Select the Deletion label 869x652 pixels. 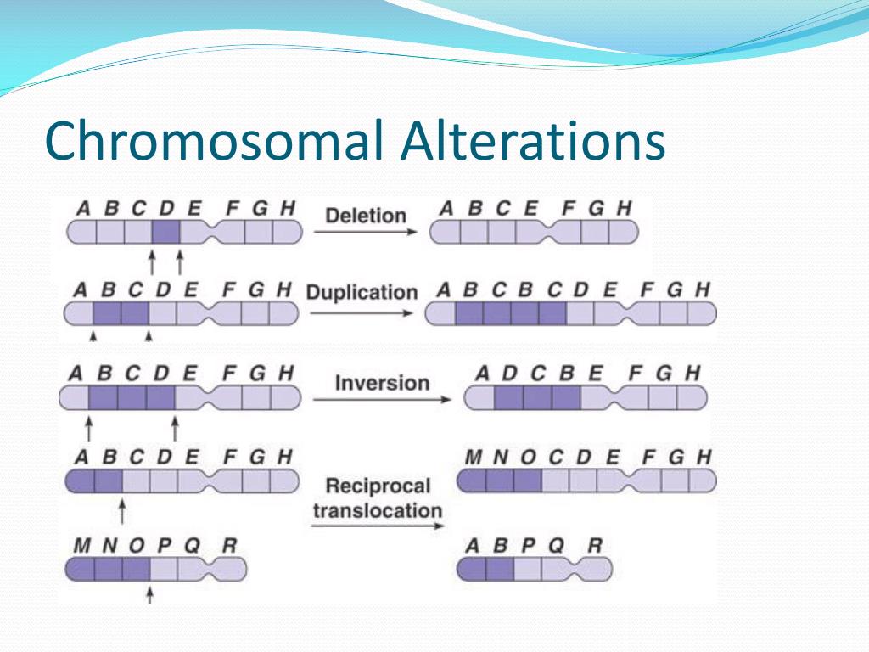tap(366, 215)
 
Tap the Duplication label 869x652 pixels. tap(362, 292)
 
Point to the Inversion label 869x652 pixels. tap(382, 382)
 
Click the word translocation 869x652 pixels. tap(378, 510)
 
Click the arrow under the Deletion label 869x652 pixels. tap(366, 233)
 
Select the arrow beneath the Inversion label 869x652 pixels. tap(382, 399)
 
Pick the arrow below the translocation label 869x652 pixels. tap(378, 526)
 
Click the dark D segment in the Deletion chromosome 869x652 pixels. tap(166, 232)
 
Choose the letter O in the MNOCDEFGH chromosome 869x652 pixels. tap(528, 458)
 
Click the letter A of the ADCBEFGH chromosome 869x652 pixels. tap(482, 373)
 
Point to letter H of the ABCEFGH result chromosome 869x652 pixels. tap(624, 207)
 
